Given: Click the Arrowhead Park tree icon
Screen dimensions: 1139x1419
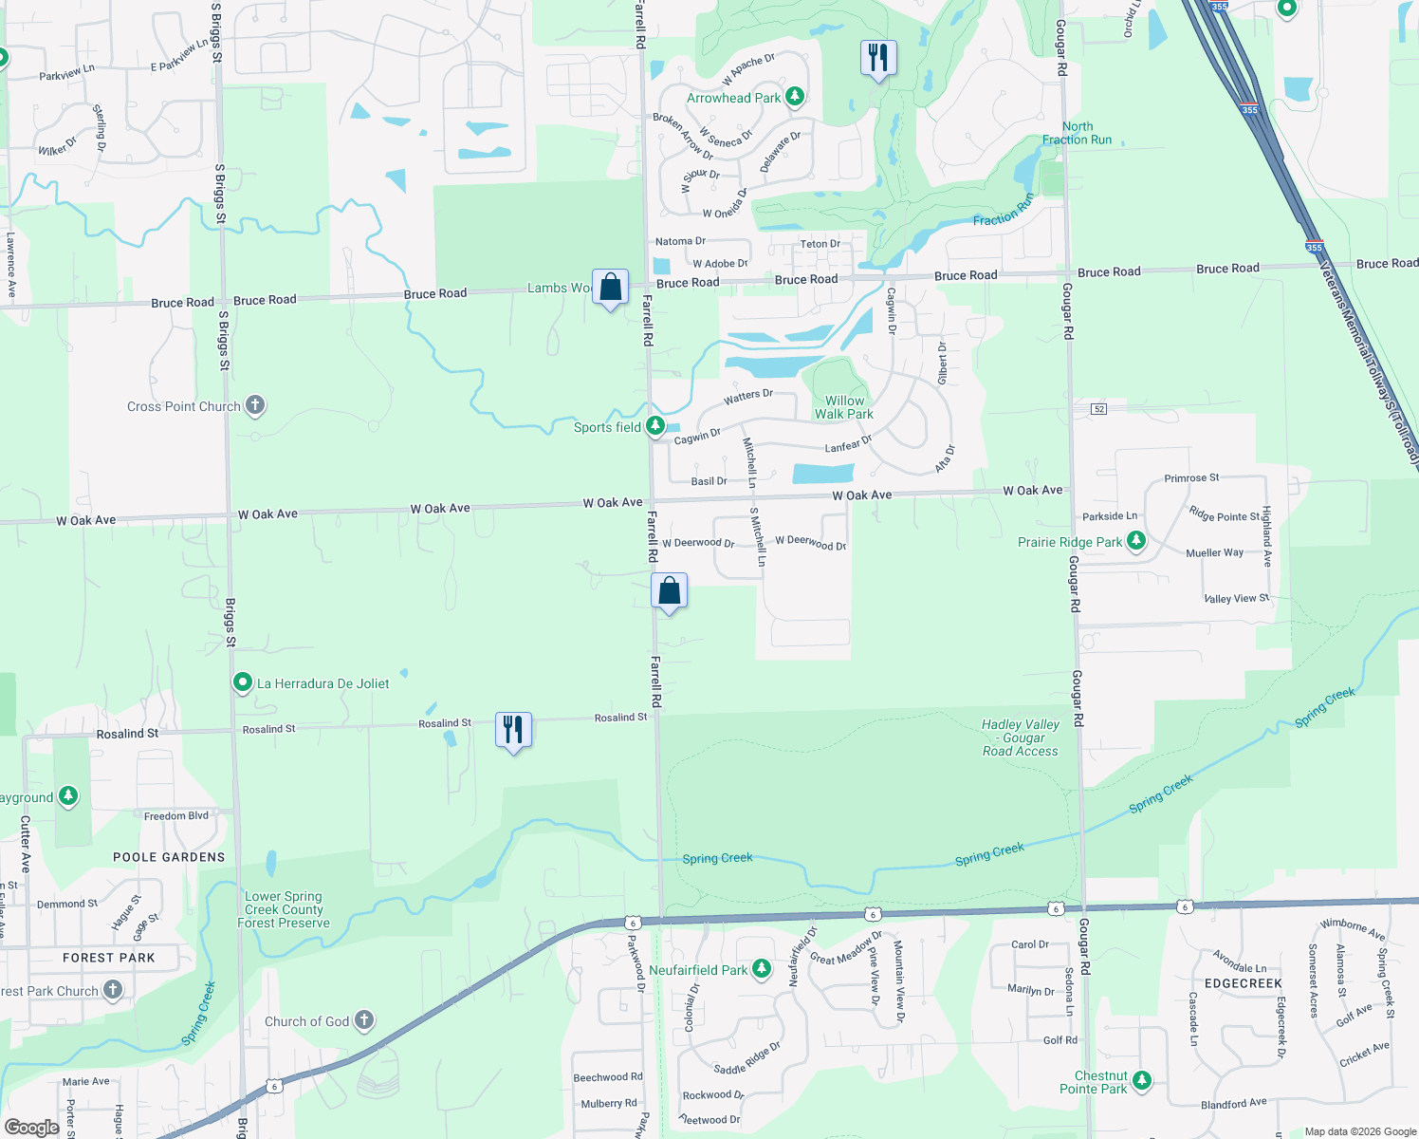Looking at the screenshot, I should click(x=795, y=96).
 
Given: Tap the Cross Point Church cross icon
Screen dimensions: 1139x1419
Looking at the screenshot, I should click(x=255, y=405).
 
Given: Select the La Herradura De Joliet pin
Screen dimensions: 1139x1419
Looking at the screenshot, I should click(x=243, y=682).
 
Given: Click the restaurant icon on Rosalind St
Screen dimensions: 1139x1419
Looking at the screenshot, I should click(x=513, y=730).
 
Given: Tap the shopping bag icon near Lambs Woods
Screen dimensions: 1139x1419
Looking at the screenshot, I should click(x=611, y=287).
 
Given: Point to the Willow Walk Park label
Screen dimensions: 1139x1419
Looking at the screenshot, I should click(x=844, y=407).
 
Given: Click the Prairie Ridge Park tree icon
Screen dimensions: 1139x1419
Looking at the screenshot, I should click(x=1136, y=541).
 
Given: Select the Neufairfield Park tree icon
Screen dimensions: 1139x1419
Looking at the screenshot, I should click(x=761, y=969).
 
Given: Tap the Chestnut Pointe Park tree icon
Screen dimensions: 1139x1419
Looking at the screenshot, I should click(x=1142, y=1080).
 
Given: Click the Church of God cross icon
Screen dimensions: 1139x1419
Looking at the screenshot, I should click(x=363, y=1020).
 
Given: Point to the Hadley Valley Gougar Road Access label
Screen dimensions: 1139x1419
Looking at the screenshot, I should click(x=1021, y=738).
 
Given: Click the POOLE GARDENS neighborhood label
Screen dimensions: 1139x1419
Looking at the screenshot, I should click(x=169, y=857).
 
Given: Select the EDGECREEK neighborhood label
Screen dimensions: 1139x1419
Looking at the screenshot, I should click(x=1243, y=983).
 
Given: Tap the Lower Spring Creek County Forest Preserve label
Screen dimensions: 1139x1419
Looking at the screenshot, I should click(x=284, y=909).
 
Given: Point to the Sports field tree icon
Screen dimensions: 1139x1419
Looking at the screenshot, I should click(x=655, y=426).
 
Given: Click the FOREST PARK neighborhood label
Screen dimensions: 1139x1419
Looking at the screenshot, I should click(x=109, y=958).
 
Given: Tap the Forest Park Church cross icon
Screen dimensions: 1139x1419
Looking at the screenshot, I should click(x=113, y=990).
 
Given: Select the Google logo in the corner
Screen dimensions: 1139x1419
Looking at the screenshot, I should click(x=31, y=1128).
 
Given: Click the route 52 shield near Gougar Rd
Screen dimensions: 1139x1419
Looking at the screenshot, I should click(x=1098, y=408).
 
